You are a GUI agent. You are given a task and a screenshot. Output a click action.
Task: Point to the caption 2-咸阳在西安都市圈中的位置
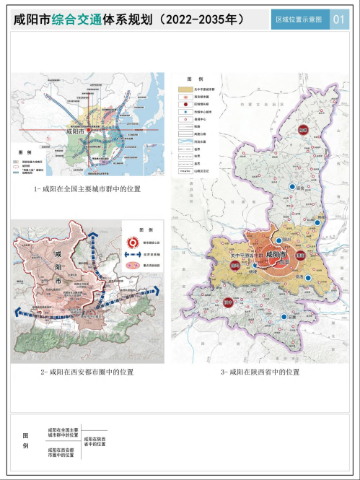click(87, 372)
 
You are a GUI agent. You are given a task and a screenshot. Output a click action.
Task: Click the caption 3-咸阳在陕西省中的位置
click(260, 372)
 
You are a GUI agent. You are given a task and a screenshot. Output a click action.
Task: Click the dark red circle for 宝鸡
click(234, 266)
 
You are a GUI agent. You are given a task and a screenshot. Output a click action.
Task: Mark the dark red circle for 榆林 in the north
click(303, 130)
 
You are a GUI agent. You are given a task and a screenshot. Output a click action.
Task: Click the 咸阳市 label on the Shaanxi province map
click(275, 255)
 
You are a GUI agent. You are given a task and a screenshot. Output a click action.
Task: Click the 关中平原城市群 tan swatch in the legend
click(185, 89)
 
